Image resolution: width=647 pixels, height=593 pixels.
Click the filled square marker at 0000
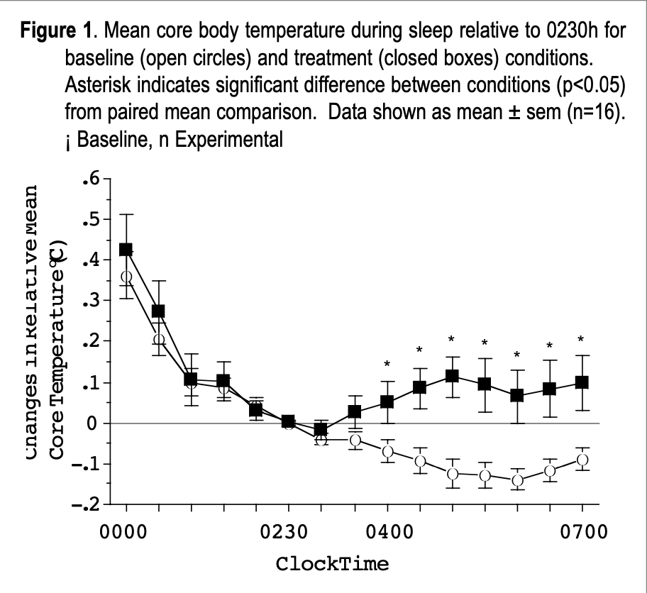[126, 250]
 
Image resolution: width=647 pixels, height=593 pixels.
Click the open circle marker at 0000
[126, 277]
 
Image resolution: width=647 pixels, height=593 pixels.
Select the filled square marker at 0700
[582, 382]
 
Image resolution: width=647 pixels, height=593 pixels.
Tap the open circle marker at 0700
[582, 460]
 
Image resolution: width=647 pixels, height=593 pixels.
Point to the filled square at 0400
[387, 401]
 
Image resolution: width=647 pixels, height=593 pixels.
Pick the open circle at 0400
[387, 451]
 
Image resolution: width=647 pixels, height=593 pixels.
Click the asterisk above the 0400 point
[387, 365]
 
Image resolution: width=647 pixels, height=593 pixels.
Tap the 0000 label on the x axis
[126, 533]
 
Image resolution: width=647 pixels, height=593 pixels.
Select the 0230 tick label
[289, 533]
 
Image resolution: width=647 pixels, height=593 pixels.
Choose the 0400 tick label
[387, 533]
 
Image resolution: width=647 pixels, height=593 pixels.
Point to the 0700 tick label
[582, 533]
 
